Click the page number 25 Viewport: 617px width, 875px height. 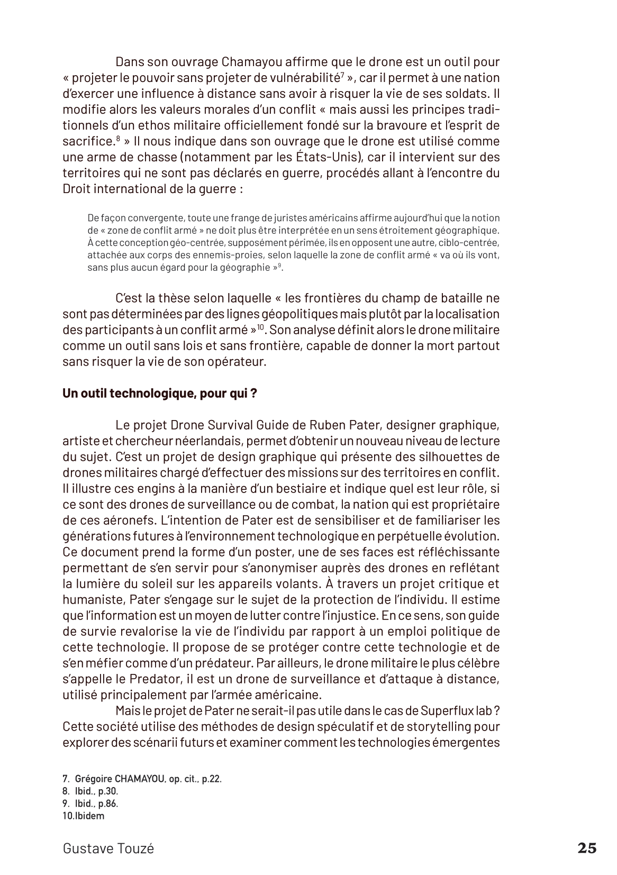coord(586,848)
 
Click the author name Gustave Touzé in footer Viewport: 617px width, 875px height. coord(108,849)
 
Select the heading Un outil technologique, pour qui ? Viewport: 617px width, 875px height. coord(160,394)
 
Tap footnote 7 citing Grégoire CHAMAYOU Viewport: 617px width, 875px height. coord(142,779)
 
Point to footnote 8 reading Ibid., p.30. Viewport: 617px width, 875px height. coord(90,791)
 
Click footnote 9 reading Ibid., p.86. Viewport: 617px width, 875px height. coord(90,804)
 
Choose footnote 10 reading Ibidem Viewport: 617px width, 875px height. coord(84,816)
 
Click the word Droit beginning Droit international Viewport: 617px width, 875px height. coord(77,189)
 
